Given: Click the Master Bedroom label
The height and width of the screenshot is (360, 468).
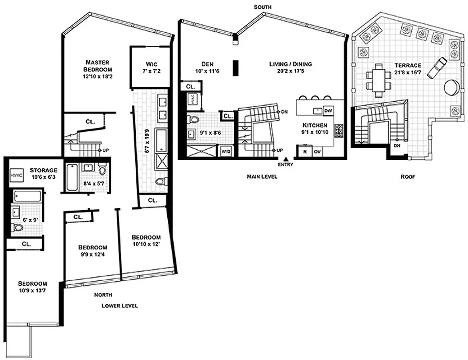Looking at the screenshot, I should click(98, 66).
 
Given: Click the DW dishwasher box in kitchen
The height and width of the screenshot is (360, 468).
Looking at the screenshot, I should click(328, 111).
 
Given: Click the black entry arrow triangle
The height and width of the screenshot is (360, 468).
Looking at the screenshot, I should click(285, 158).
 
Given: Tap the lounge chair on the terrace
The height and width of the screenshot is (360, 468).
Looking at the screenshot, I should click(436, 67).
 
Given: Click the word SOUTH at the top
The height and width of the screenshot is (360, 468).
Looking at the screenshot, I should click(263, 7).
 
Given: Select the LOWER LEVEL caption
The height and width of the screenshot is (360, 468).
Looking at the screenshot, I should click(119, 306).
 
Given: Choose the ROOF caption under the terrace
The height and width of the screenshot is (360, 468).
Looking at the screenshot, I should click(408, 177).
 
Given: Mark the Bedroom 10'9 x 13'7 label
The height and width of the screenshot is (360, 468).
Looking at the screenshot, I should click(32, 287).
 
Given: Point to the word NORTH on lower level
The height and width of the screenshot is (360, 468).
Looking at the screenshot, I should click(103, 295).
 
